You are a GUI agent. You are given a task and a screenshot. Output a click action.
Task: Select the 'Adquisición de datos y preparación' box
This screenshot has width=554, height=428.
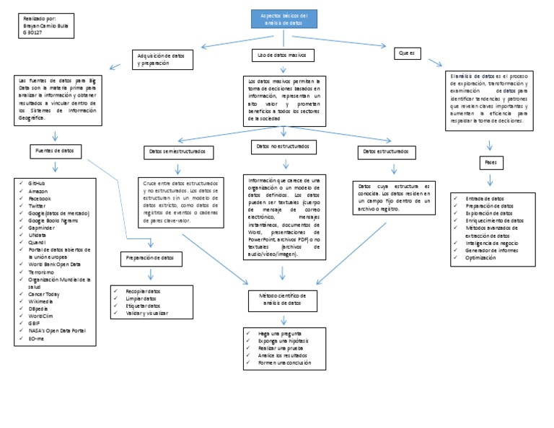coord(162,59)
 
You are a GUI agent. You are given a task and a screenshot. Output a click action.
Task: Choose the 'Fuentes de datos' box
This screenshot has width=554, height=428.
coord(55,151)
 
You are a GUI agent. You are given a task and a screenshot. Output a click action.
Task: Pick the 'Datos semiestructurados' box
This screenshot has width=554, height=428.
coord(177,152)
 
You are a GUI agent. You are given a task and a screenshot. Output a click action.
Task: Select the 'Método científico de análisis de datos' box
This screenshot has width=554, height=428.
coord(282,299)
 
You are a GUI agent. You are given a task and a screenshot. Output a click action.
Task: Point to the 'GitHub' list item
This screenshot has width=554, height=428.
coord(38,184)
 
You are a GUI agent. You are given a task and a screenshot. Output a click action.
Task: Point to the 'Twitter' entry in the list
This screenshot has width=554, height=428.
coord(38,205)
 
